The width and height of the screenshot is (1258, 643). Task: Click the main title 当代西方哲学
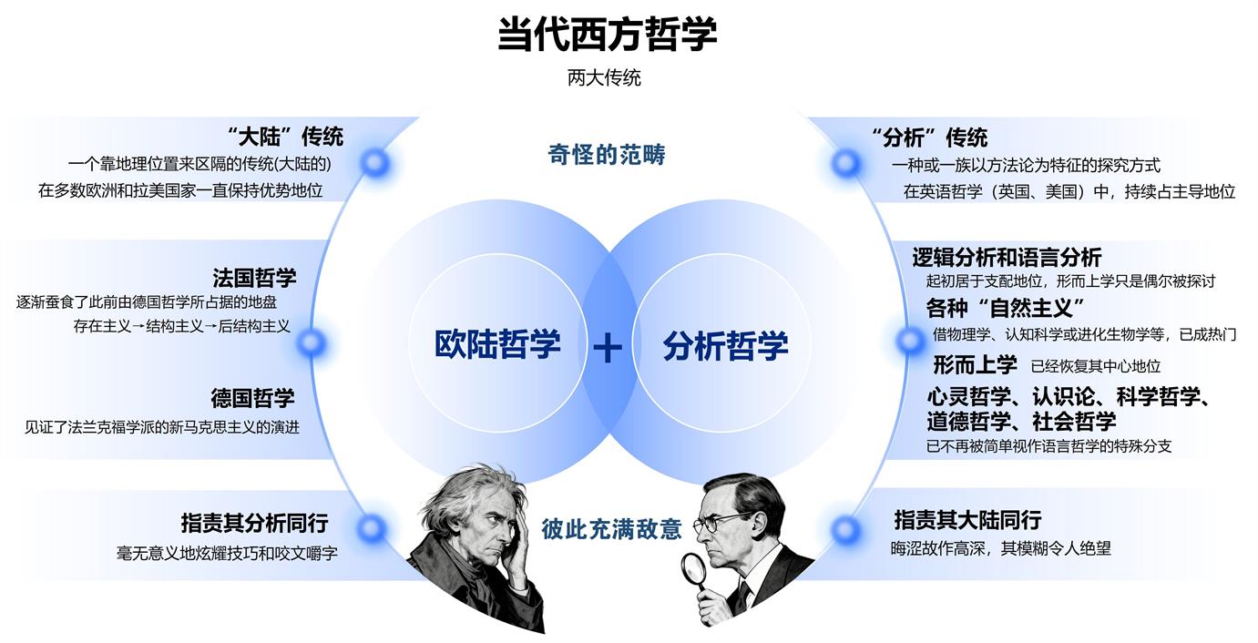pyautogui.click(x=607, y=35)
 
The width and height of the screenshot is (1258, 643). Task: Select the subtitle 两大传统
pyautogui.click(x=604, y=78)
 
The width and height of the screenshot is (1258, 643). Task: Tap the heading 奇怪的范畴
pyautogui.click(x=606, y=155)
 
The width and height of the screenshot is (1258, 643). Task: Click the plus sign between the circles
pyautogui.click(x=608, y=348)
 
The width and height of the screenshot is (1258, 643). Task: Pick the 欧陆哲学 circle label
pyautogui.click(x=497, y=345)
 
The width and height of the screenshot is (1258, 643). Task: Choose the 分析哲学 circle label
pyautogui.click(x=725, y=346)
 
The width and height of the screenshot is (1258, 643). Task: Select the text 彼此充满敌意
pyautogui.click(x=611, y=529)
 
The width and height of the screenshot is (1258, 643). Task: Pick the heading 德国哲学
pyautogui.click(x=252, y=398)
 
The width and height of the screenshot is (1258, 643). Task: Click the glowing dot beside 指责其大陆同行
pyautogui.click(x=845, y=529)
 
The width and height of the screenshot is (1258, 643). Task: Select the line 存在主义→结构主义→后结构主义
pyautogui.click(x=182, y=325)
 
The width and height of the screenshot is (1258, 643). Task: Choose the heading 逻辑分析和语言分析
pyautogui.click(x=1007, y=257)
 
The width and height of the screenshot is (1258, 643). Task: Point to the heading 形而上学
pyautogui.click(x=974, y=365)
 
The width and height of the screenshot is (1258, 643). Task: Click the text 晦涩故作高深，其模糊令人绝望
pyautogui.click(x=1000, y=549)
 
